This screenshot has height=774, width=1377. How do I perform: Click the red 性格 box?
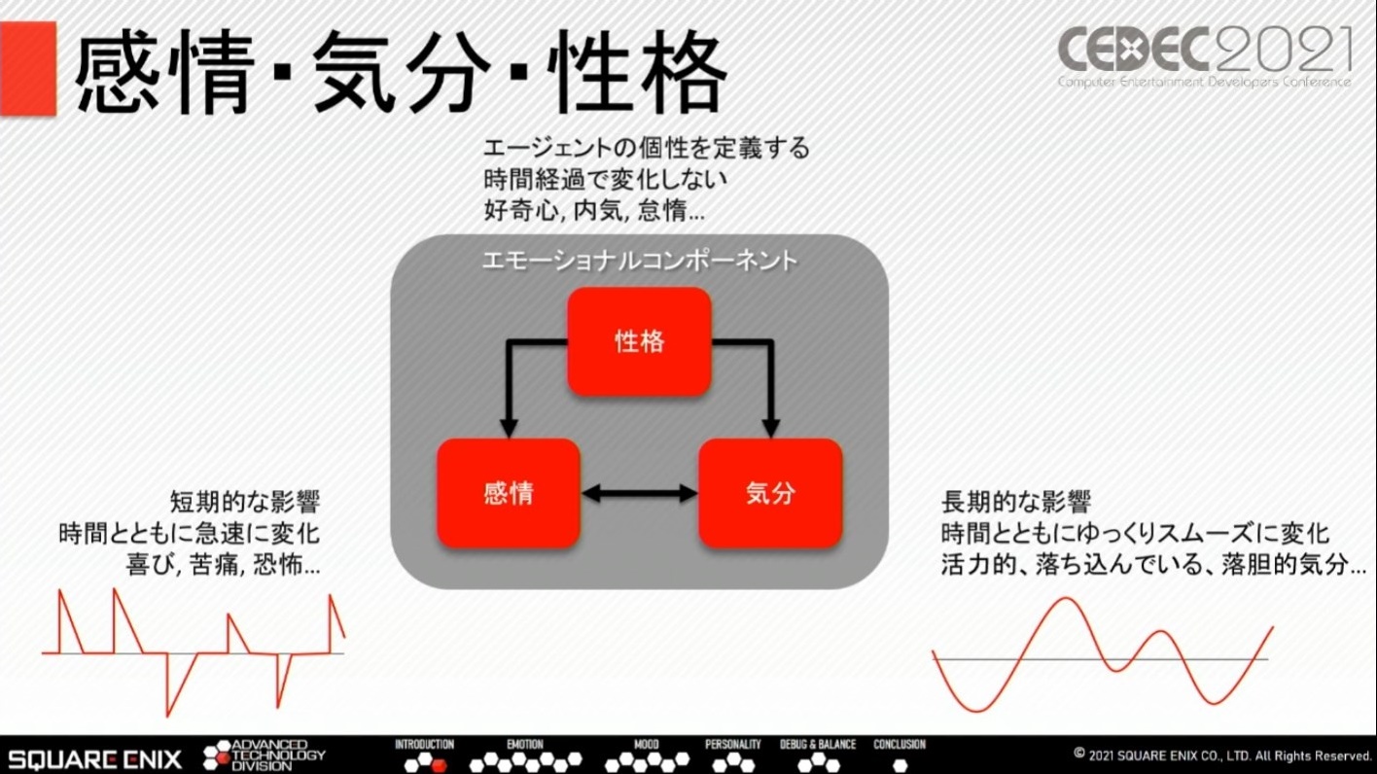[639, 341]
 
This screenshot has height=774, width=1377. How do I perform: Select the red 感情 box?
[508, 493]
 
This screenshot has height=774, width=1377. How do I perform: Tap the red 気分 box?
[770, 493]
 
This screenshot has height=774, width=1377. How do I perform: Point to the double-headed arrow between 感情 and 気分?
[639, 494]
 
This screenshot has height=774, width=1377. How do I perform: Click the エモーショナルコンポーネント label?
[639, 261]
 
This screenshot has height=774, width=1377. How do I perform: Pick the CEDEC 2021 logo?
[1205, 54]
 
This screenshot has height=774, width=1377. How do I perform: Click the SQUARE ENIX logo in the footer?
[94, 756]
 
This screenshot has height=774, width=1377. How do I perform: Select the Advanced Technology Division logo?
[265, 756]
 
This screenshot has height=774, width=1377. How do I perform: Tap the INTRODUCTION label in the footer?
[424, 745]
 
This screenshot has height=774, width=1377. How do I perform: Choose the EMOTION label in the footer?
[525, 745]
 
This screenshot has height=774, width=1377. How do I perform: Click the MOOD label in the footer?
[646, 745]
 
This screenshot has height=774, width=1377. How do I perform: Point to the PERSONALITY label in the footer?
[733, 745]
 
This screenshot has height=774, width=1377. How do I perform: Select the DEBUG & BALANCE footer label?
[818, 745]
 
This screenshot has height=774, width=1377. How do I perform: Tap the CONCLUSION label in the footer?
[900, 745]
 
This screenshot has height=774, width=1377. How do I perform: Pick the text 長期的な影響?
[1016, 503]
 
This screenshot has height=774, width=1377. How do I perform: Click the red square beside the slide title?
[27, 68]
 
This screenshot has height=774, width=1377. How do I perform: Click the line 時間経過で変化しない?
[605, 180]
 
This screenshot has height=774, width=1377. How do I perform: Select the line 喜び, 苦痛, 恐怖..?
[223, 565]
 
